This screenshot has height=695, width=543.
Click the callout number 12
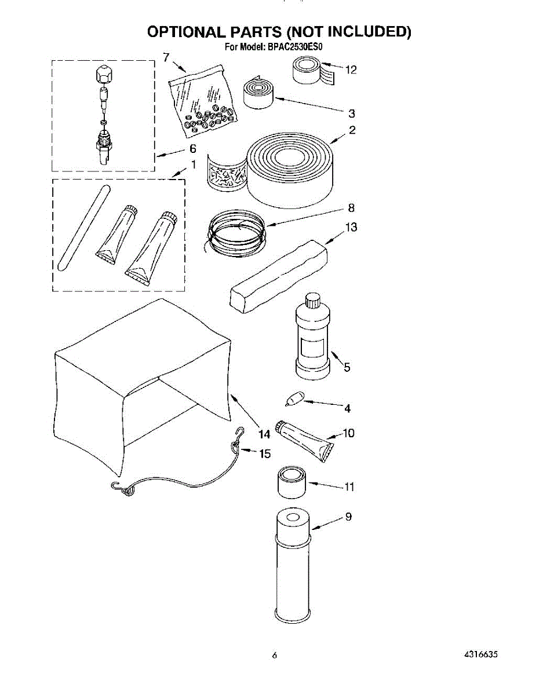pos(350,70)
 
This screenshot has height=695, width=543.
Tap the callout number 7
pos(166,57)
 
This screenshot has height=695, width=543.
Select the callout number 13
pos(351,227)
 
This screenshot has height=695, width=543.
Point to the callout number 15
pos(264,453)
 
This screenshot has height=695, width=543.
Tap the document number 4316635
pos(480,655)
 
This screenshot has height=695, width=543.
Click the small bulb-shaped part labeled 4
pos(294,399)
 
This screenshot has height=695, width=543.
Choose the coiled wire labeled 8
pos(238,232)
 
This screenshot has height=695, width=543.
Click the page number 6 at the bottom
pos(275,656)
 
